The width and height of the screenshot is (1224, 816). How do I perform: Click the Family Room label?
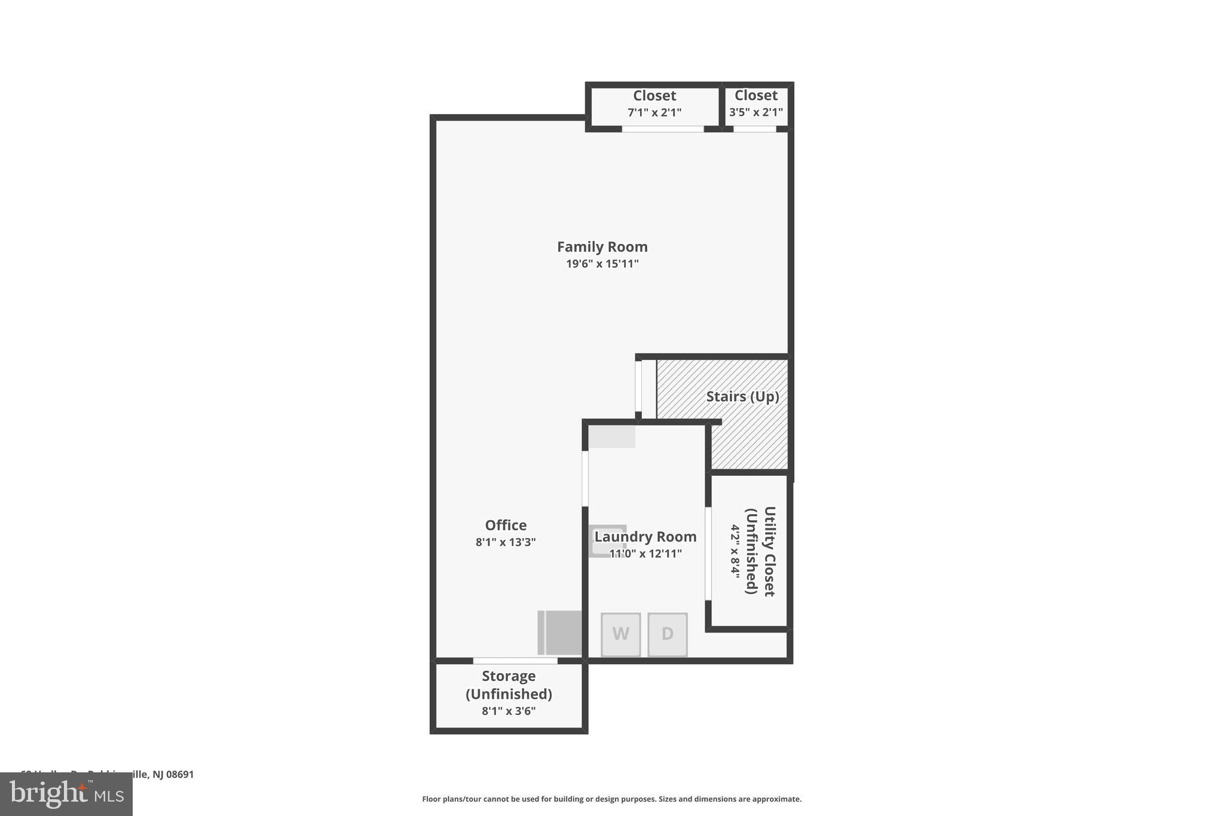coord(602,247)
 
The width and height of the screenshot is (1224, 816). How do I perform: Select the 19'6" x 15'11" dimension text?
coord(602,264)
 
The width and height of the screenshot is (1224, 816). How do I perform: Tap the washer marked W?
coord(620,634)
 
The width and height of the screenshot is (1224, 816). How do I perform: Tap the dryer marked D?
coord(667,634)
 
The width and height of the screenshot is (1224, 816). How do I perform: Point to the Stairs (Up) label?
coord(742,397)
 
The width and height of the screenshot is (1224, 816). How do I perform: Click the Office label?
coord(506,525)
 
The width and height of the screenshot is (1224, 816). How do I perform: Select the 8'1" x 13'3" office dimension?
coord(506,542)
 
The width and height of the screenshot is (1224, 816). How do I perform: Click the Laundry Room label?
coord(645,537)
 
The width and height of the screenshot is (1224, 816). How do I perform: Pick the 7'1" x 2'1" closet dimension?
coord(654,112)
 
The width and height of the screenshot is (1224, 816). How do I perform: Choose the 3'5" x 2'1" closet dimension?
coord(755,112)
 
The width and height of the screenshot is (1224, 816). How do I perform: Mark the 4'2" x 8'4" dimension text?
coord(735,551)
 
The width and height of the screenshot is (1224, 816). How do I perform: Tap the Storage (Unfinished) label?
coord(509,685)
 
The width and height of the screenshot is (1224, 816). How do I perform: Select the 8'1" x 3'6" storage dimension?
coord(509,711)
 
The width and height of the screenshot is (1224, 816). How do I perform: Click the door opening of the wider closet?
coord(662,129)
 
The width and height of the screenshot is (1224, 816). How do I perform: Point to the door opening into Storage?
coord(515,661)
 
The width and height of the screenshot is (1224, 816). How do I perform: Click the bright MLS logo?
coord(66,794)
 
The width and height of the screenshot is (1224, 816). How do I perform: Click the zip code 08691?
coord(180,774)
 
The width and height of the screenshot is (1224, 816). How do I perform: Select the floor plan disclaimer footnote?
coord(611,799)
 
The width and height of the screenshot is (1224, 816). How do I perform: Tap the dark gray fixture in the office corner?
coord(562,632)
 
